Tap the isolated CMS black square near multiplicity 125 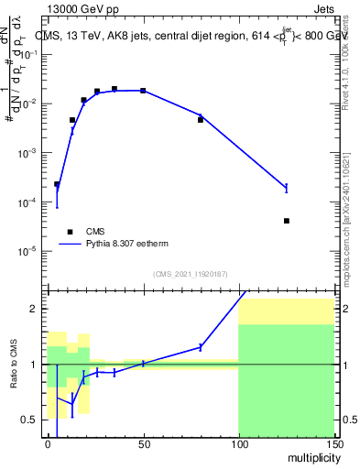point(287,221)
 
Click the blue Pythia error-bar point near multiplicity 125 point(287,188)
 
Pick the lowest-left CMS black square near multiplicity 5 point(57,184)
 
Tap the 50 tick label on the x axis point(143,443)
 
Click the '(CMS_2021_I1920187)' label point(189,273)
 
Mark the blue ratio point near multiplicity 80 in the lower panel point(201,347)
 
